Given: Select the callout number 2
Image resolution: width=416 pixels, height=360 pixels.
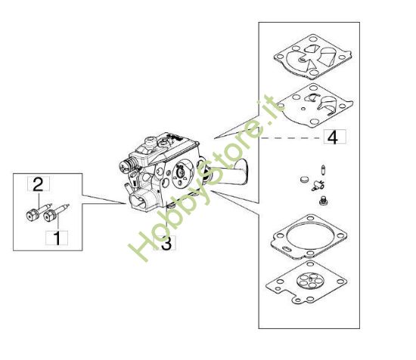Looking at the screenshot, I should (x=36, y=182).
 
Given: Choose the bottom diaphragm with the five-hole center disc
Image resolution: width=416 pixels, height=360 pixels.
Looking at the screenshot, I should (x=311, y=280).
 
